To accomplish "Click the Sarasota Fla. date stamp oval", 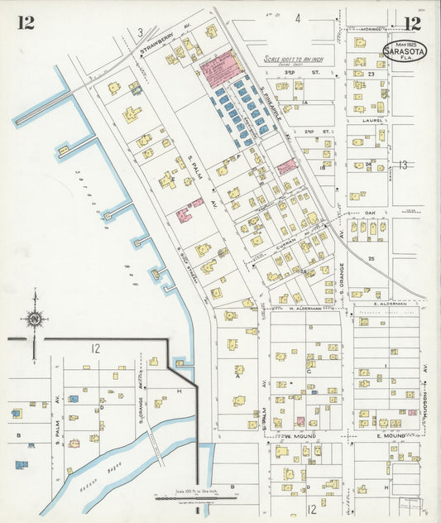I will (x=405, y=50).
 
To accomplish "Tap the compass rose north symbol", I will (x=34, y=317).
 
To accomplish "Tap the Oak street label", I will (x=370, y=213).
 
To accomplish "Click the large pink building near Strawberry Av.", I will (x=218, y=66).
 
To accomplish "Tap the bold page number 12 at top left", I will (x=26, y=22).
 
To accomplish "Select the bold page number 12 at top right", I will (x=411, y=22).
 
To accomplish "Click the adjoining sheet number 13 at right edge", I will (x=402, y=166).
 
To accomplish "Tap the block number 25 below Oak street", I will (x=371, y=259).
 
